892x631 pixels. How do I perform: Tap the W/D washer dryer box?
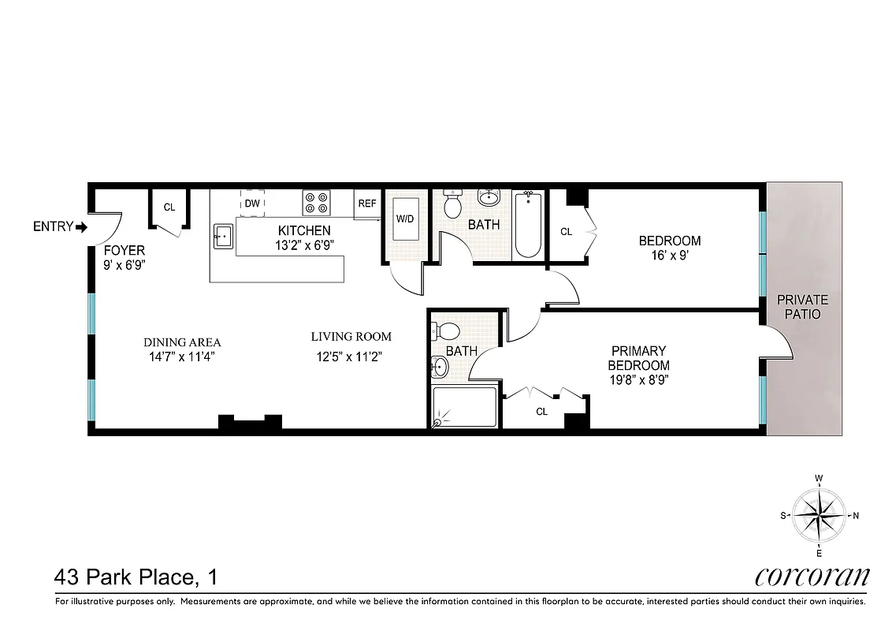[406, 218]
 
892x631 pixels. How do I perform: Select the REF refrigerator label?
[367, 203]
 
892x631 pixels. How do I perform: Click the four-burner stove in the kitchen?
[317, 203]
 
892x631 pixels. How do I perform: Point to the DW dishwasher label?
[252, 203]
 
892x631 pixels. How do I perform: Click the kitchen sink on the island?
[222, 235]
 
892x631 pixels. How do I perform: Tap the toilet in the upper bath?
[452, 205]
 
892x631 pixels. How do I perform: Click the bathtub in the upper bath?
[527, 225]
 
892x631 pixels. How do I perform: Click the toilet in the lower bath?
[447, 330]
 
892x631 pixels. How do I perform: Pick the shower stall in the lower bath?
[465, 407]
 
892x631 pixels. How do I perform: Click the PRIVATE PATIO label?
[803, 307]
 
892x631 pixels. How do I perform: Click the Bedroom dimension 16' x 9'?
[669, 255]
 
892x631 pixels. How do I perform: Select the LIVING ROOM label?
[351, 336]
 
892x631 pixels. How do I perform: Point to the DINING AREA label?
[182, 342]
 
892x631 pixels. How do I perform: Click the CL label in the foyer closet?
[169, 207]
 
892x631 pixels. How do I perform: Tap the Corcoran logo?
[812, 576]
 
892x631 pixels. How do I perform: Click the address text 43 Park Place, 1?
[136, 577]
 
